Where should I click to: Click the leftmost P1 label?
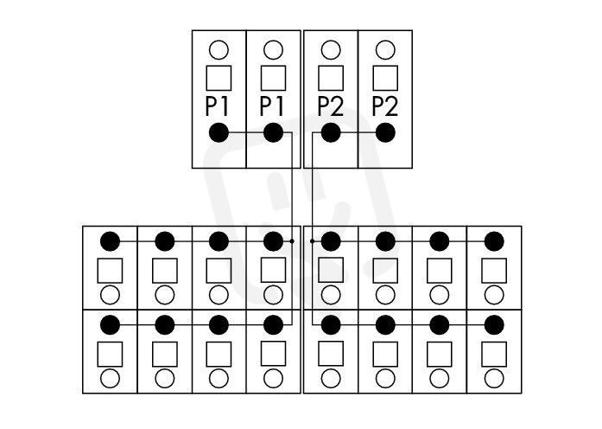pyautogui.click(x=218, y=106)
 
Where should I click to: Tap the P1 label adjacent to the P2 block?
pyautogui.click(x=272, y=106)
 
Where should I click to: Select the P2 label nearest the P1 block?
pyautogui.click(x=331, y=106)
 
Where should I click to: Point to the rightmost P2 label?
pyautogui.click(x=385, y=106)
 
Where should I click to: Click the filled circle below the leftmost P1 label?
pyautogui.click(x=219, y=132)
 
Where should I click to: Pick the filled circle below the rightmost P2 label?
pyautogui.click(x=385, y=132)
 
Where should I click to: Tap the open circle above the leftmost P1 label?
pyautogui.click(x=219, y=50)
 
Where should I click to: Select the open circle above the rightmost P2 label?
pyautogui.click(x=385, y=50)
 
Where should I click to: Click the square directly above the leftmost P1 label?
pyautogui.click(x=219, y=78)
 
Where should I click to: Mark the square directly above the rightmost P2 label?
pyautogui.click(x=385, y=78)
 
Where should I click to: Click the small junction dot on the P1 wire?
pyautogui.click(x=292, y=241)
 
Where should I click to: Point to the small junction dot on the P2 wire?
pyautogui.click(x=312, y=241)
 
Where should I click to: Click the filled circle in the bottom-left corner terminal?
pyautogui.click(x=111, y=325)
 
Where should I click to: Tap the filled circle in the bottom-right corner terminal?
pyautogui.click(x=494, y=325)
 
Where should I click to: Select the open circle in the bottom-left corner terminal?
pyautogui.click(x=111, y=378)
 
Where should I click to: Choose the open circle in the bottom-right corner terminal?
pyautogui.click(x=494, y=378)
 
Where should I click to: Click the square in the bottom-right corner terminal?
pyautogui.click(x=494, y=354)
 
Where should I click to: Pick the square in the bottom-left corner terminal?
pyautogui.click(x=111, y=354)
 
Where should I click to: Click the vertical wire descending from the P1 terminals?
pyautogui.click(x=292, y=228)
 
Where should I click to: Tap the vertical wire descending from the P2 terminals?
pyautogui.click(x=312, y=228)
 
